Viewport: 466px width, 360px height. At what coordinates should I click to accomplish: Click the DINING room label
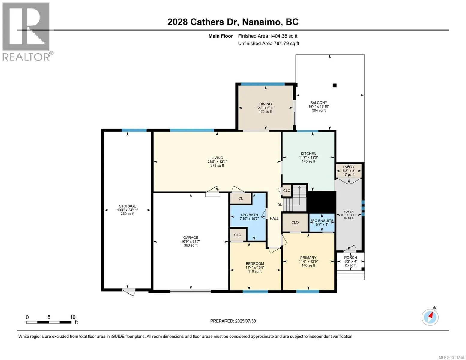tap(265, 104)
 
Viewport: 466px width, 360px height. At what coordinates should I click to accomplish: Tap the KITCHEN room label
tap(308, 154)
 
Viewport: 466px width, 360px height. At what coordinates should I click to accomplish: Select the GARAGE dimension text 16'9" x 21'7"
tap(191, 241)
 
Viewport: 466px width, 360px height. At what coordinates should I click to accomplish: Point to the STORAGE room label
tap(128, 206)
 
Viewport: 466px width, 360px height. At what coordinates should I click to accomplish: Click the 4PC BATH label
tap(249, 215)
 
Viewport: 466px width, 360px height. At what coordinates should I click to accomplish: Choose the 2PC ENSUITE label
tap(322, 220)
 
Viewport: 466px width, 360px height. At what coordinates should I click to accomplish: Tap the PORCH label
tap(350, 257)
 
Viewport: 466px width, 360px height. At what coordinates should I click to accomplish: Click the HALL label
tap(274, 218)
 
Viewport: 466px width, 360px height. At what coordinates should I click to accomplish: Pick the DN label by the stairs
tap(280, 205)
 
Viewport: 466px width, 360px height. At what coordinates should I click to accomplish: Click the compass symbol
tap(430, 317)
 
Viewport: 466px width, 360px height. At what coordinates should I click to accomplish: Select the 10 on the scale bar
tap(73, 317)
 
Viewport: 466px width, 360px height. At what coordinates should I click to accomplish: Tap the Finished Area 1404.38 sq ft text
tap(268, 36)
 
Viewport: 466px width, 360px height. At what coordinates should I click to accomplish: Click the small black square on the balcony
tap(334, 85)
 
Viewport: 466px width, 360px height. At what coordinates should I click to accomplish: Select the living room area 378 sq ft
tap(217, 165)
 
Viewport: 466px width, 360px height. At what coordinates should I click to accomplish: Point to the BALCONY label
tap(319, 103)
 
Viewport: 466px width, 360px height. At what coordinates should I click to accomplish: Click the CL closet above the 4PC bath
tap(240, 198)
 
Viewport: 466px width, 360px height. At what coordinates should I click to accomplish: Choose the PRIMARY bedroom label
tap(308, 257)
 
